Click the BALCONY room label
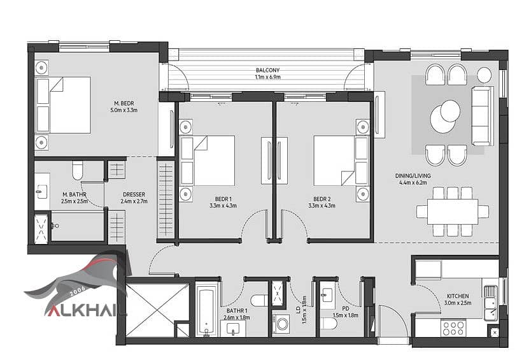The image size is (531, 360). click(267, 70)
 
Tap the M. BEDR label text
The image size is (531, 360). click(124, 103)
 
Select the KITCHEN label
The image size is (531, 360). click(458, 296)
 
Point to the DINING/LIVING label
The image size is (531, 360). click(413, 176)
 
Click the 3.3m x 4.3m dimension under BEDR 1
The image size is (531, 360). click(223, 206)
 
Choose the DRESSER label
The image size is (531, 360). click(134, 194)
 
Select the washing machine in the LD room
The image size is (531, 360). click(281, 324)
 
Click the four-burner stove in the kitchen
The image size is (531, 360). click(453, 328)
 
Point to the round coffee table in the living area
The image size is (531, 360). click(445, 116)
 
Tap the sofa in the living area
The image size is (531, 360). click(483, 116)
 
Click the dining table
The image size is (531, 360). click(453, 212)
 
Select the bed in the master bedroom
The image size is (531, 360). click(63, 104)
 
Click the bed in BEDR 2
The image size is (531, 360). click(341, 161)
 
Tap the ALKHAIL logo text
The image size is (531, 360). click(86, 310)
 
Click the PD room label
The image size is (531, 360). click(346, 308)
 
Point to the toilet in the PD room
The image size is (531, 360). click(329, 324)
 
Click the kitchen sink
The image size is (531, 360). click(491, 303)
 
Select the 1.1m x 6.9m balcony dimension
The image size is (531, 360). click(267, 77)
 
